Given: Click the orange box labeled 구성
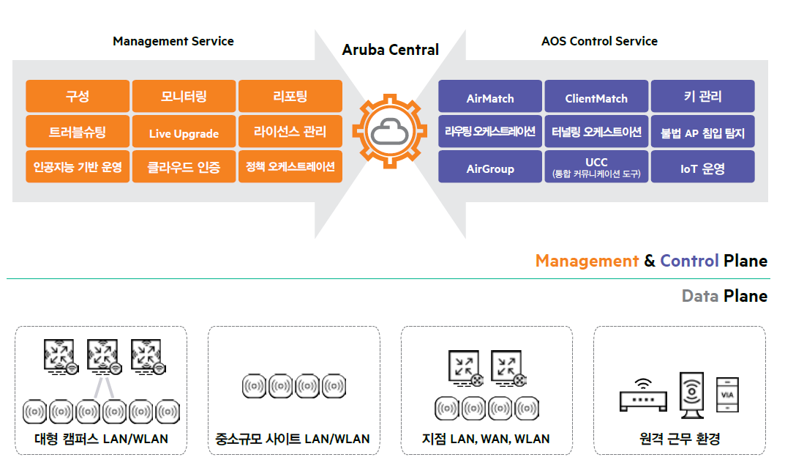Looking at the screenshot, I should pyautogui.click(x=78, y=96).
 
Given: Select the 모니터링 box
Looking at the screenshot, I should pyautogui.click(x=184, y=96).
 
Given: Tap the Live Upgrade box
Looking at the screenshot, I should pyautogui.click(x=184, y=133).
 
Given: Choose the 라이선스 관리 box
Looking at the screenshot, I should pyautogui.click(x=290, y=132).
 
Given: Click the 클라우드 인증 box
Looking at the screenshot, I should pyautogui.click(x=184, y=167).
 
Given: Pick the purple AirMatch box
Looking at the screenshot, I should pyautogui.click(x=490, y=98).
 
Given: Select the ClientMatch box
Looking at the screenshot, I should pyautogui.click(x=596, y=98).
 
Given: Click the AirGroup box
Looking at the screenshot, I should pyautogui.click(x=490, y=168).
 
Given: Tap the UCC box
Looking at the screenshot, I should pyautogui.click(x=596, y=167).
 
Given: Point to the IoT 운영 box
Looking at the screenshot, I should pyautogui.click(x=702, y=168).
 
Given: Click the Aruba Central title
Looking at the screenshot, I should pyautogui.click(x=391, y=50).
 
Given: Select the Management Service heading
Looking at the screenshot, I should pyautogui.click(x=173, y=41).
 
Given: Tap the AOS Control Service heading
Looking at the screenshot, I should pyautogui.click(x=599, y=41).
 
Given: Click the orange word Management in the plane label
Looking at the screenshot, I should pyautogui.click(x=587, y=261).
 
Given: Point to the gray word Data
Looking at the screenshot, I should pyautogui.click(x=699, y=296).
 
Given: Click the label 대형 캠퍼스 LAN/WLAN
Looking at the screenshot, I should pyautogui.click(x=101, y=440).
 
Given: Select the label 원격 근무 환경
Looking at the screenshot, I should pyautogui.click(x=680, y=440).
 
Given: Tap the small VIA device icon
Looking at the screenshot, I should pyautogui.click(x=726, y=396).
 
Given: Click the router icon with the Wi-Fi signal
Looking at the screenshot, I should pyautogui.click(x=643, y=396).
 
